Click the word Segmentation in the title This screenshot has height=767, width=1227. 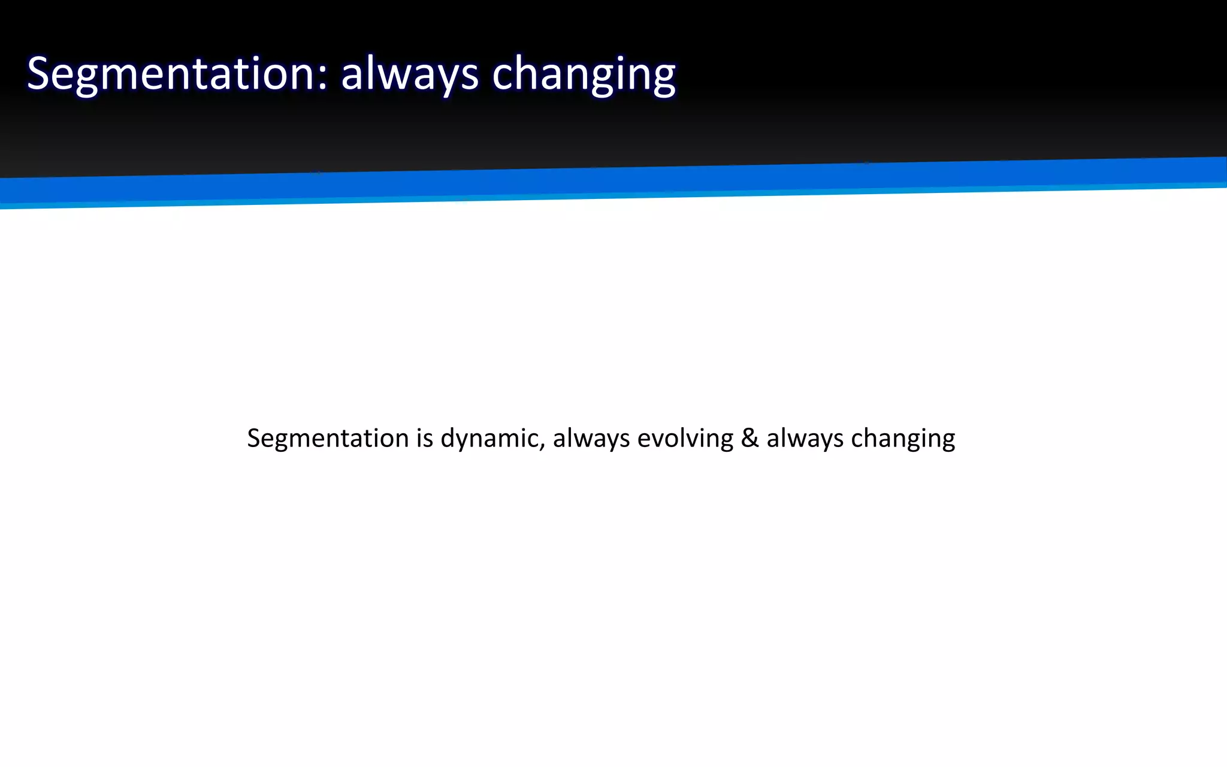tap(171, 74)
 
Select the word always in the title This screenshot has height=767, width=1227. tap(410, 74)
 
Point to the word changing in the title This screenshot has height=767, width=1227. tap(584, 74)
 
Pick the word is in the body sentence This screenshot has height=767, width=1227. tap(425, 438)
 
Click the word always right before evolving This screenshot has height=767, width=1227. tap(591, 438)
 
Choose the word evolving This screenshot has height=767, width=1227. tap(685, 438)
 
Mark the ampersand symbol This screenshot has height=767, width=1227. tap(750, 438)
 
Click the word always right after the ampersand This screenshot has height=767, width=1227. tap(805, 438)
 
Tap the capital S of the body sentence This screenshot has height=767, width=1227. tap(253, 438)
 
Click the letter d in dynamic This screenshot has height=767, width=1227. tap(448, 438)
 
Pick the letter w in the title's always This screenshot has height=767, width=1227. tap(385, 77)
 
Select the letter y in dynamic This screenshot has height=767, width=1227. tap(462, 442)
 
